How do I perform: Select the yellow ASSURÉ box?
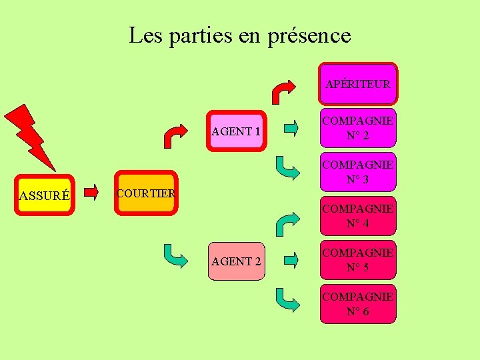[45, 195]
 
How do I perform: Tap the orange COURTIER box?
[145, 193]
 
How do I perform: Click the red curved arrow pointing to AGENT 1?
[177, 136]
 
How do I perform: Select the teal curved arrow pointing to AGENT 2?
[176, 255]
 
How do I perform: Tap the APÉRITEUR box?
[357, 84]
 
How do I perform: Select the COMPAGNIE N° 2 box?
[357, 128]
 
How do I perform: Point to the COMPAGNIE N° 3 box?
[357, 172]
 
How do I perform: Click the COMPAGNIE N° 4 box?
[357, 216]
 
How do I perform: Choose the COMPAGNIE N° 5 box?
[357, 261]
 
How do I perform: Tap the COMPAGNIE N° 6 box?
[357, 304]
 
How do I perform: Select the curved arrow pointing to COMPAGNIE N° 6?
[287, 300]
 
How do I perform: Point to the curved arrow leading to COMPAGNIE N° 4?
[287, 224]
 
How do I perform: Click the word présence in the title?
[309, 35]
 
